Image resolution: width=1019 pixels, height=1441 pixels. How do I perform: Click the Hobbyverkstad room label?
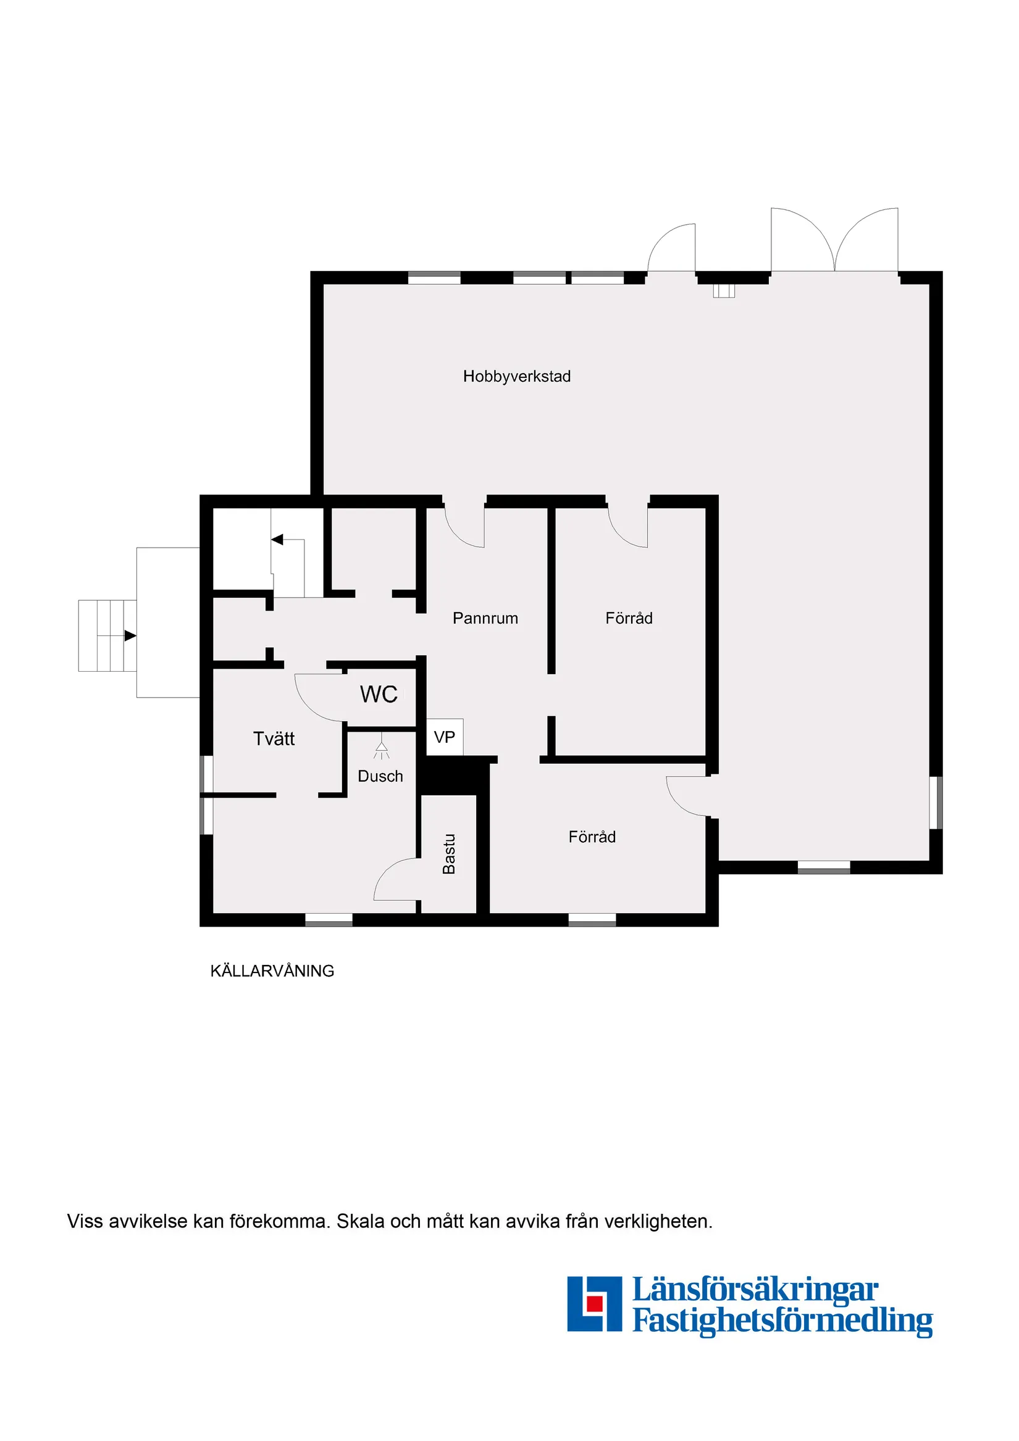516,376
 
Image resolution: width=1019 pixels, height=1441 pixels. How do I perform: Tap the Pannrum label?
485,618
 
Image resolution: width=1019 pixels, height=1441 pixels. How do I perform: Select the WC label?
379,694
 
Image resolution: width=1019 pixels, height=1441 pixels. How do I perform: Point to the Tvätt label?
274,738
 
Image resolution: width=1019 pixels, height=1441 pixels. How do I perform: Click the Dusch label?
380,776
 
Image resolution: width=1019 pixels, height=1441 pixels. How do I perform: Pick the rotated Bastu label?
448,854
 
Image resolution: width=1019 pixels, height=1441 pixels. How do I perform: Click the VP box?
445,737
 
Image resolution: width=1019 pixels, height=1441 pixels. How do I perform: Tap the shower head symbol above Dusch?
381,748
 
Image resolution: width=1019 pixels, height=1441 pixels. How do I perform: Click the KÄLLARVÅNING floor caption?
272,971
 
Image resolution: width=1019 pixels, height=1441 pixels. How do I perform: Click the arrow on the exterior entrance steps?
130,636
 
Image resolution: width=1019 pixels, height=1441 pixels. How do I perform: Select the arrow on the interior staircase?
277,539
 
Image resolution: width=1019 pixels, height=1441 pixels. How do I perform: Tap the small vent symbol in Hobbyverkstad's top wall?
723,291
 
